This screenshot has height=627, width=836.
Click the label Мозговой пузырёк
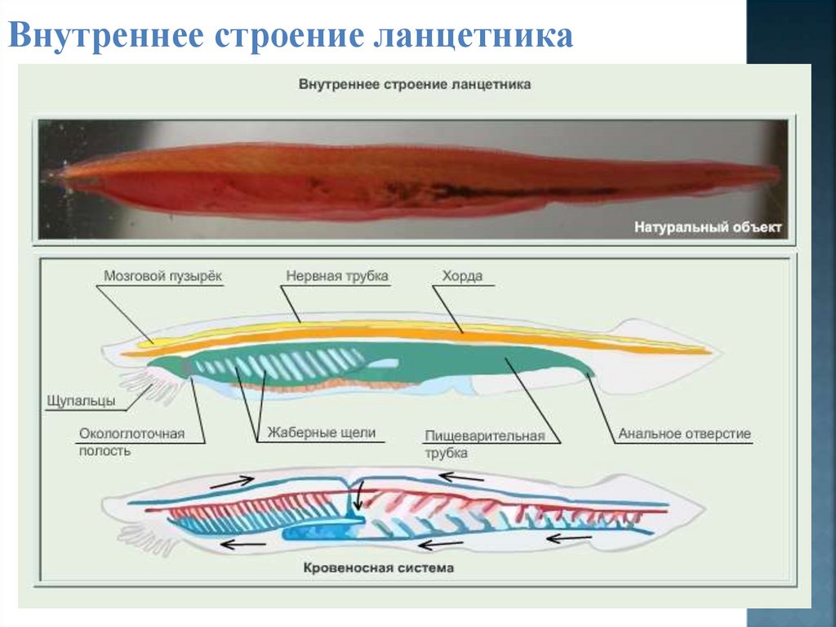[162, 276]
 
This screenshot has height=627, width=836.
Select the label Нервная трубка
[336, 276]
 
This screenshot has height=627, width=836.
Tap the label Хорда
[462, 276]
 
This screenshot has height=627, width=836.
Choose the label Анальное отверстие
[683, 433]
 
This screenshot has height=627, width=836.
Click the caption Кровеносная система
[378, 567]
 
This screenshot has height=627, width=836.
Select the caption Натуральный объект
[708, 227]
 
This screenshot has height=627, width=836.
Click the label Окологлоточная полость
[132, 441]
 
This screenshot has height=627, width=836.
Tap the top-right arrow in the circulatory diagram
[461, 476]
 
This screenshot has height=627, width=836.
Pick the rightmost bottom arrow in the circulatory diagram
[568, 537]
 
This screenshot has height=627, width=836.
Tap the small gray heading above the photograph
[416, 84]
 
